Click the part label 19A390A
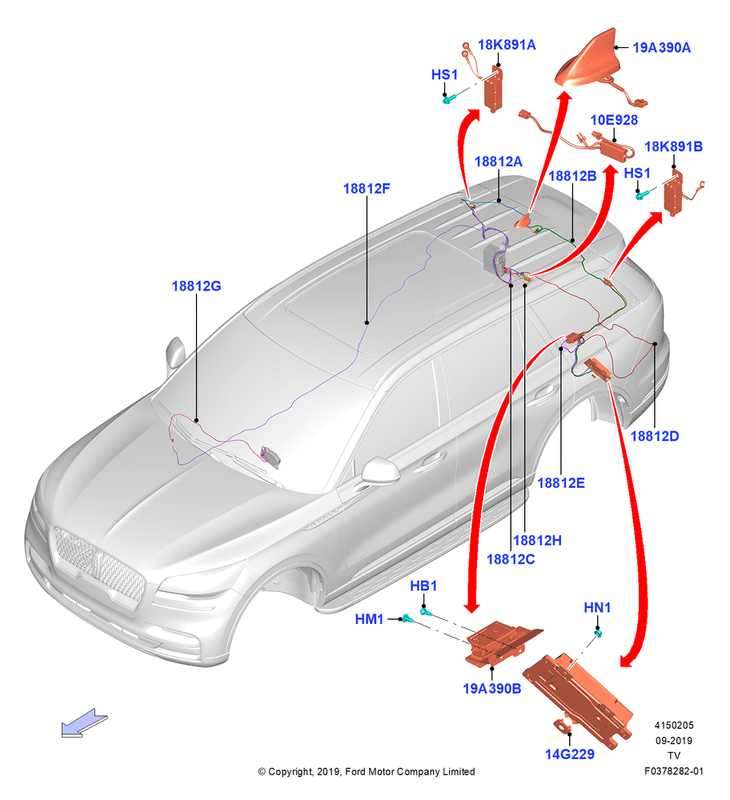point(662,47)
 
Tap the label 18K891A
point(507,45)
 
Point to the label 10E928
point(614,120)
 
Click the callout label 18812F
point(367,189)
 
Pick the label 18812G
point(197,286)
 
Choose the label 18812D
point(655,436)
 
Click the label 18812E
point(561,482)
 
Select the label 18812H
point(537,540)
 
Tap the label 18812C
point(511,559)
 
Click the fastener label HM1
point(369,619)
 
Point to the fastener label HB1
point(423,586)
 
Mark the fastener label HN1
point(597,608)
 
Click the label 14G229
point(570,754)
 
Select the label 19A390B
point(491,689)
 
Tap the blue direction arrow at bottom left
point(84,723)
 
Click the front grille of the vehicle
point(99,566)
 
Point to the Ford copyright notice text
point(366,771)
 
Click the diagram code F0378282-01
point(673,771)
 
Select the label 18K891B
point(673,147)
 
